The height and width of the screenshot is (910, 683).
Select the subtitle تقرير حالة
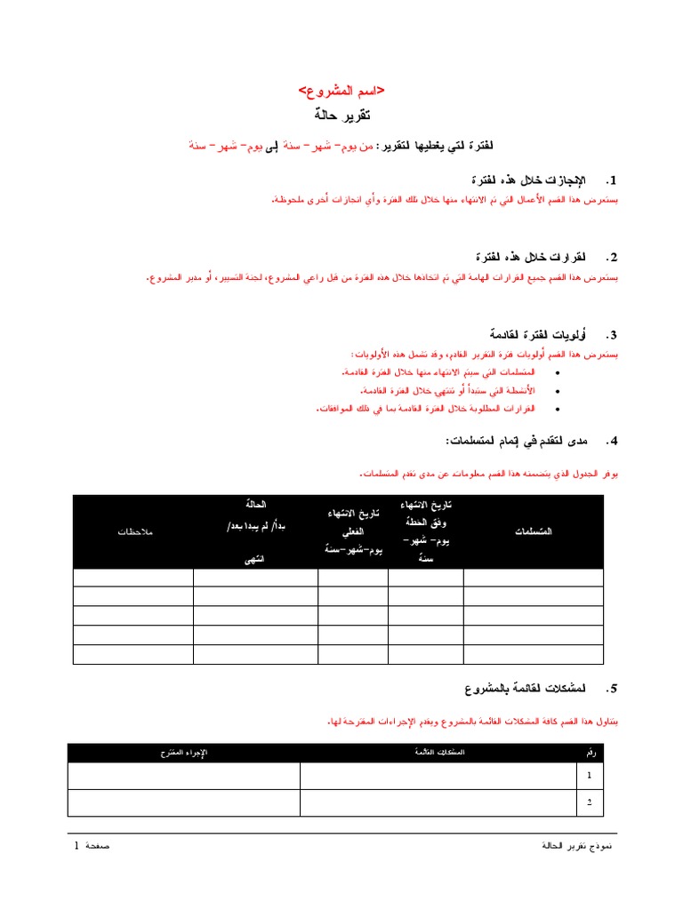click(341, 116)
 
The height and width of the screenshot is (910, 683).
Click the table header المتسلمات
click(533, 531)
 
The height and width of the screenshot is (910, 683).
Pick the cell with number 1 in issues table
click(589, 776)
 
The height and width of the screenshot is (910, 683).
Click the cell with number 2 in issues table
click(589, 802)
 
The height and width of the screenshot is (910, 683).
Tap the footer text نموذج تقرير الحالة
click(577, 845)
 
